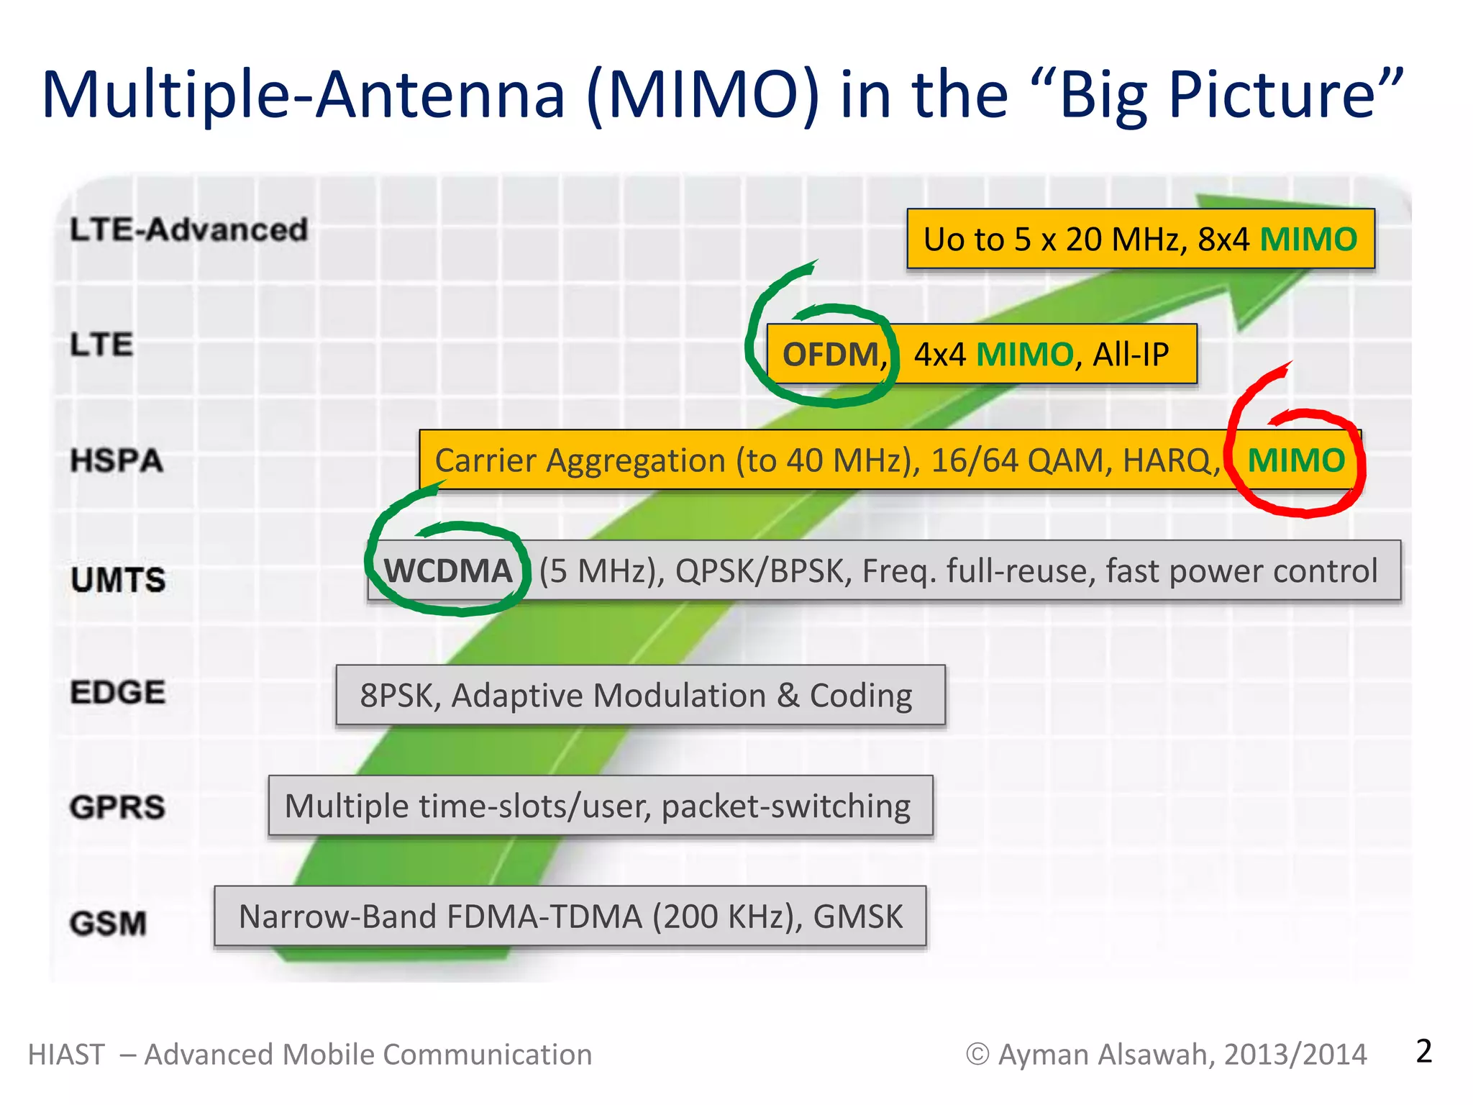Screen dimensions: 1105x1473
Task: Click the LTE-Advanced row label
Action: click(x=188, y=230)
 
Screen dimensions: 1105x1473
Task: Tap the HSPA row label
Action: click(x=117, y=460)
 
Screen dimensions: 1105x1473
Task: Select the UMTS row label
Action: click(x=118, y=580)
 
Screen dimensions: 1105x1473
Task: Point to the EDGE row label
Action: click(x=118, y=692)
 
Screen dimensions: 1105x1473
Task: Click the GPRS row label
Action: click(x=117, y=807)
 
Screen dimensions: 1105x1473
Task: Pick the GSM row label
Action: click(x=108, y=923)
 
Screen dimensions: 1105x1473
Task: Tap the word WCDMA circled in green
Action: click(x=448, y=570)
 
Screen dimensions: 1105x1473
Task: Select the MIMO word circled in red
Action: click(x=1295, y=460)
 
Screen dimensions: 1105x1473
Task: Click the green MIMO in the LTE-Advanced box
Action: click(x=1308, y=239)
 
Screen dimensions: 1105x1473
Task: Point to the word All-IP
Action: click(x=1131, y=355)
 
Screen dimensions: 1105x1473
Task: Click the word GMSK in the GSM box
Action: click(x=857, y=917)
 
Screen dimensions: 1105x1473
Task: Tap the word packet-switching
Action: click(x=785, y=806)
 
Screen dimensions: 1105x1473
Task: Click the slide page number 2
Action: click(x=1423, y=1051)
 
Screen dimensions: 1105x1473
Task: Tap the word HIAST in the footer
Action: click(x=66, y=1055)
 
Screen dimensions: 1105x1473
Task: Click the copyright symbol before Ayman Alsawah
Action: click(x=977, y=1055)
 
